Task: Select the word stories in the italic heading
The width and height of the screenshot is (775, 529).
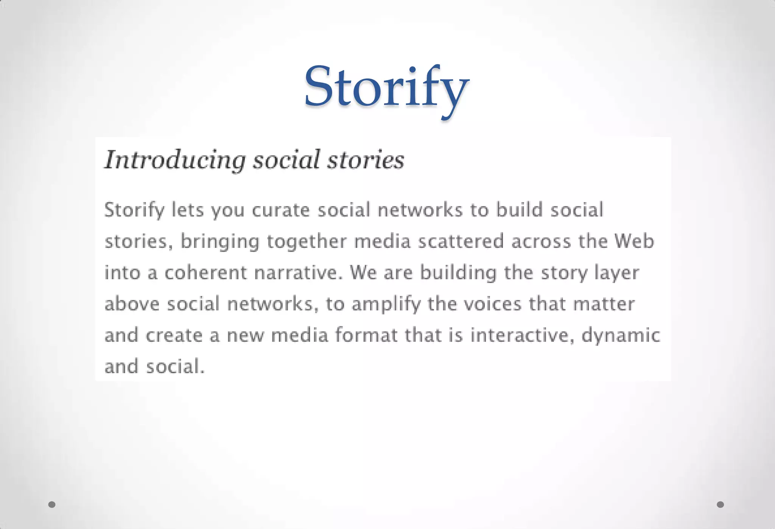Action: coord(366,160)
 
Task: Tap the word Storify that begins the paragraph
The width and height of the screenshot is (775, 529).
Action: coord(134,210)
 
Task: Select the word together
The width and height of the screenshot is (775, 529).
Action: coord(307,242)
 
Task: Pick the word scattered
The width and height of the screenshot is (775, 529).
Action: coord(461,241)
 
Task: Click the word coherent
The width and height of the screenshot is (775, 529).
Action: coord(205,272)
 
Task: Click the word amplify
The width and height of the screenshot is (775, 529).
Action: coord(386,304)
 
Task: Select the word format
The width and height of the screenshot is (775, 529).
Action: coord(366,335)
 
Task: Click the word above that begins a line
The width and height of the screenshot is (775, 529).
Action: coord(132,304)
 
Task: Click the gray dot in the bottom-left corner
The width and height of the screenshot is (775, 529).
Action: coord(52,504)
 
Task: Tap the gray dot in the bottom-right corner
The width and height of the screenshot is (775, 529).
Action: coord(721,504)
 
